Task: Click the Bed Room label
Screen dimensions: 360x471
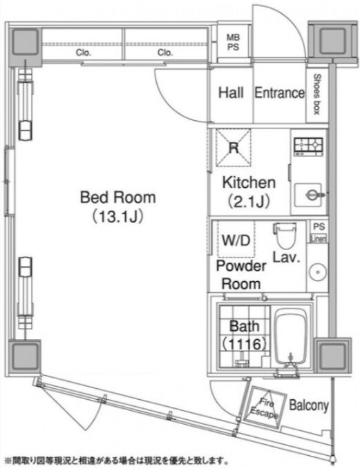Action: (x=118, y=198)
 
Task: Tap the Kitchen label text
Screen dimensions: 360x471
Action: (x=249, y=182)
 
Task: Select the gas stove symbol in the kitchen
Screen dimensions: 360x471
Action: (x=308, y=146)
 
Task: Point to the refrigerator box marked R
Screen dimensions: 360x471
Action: (x=234, y=148)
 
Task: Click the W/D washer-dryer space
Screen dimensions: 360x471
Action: (x=236, y=240)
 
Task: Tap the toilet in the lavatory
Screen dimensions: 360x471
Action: (x=285, y=236)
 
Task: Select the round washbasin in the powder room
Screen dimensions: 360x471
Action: (x=318, y=272)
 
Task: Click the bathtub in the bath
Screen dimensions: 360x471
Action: (x=291, y=336)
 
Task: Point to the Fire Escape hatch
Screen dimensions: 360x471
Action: (x=264, y=407)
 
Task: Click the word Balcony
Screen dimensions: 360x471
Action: (x=308, y=405)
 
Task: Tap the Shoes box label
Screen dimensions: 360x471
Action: (x=316, y=94)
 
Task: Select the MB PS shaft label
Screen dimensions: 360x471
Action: (x=233, y=42)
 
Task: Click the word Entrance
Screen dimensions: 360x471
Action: (x=279, y=93)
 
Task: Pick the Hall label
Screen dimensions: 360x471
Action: (x=231, y=93)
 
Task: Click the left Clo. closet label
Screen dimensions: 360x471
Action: (x=83, y=53)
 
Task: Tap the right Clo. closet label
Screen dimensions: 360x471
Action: (x=165, y=53)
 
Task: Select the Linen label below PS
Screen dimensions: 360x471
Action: (x=319, y=239)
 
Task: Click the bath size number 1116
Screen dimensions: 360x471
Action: (x=244, y=344)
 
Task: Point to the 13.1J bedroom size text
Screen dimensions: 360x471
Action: (x=117, y=216)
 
